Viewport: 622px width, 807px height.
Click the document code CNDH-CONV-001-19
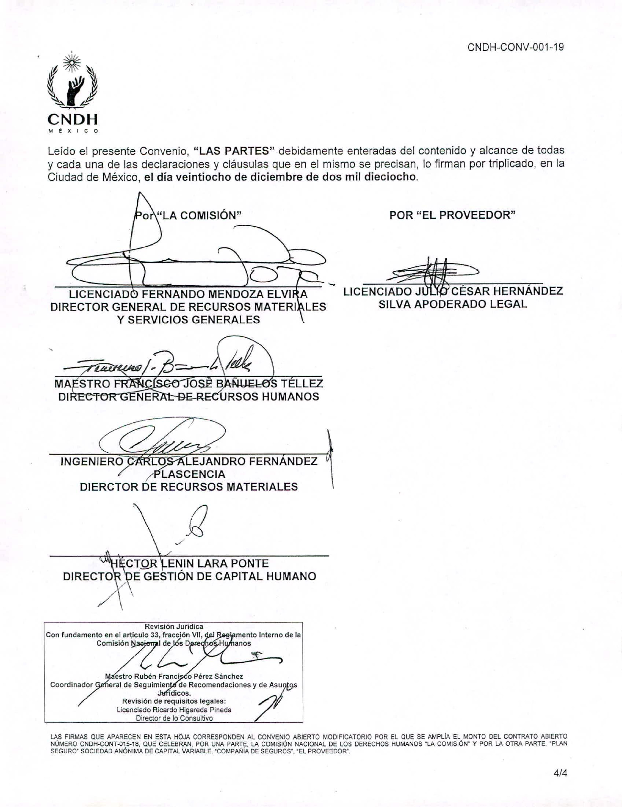click(515, 48)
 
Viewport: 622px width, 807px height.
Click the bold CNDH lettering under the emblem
click(73, 119)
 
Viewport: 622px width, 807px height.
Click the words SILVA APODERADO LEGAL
click(453, 304)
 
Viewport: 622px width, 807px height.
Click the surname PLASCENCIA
click(189, 474)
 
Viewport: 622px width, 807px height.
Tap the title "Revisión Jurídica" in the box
click(174, 627)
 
